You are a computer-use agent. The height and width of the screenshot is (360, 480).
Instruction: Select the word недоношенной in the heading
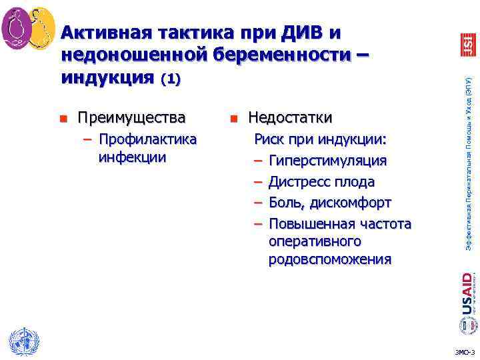(134, 55)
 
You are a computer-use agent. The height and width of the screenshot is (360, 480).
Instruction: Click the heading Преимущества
(131, 119)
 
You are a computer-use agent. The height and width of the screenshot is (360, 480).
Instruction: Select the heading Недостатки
(290, 119)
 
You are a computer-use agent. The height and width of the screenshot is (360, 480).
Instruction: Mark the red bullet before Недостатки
(233, 120)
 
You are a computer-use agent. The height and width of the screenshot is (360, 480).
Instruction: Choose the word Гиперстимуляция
(327, 161)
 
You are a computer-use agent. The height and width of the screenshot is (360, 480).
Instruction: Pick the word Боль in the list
(285, 202)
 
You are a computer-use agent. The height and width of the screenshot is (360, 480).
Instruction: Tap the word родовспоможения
(330, 259)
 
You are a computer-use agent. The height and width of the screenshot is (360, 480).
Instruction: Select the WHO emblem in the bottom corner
(24, 341)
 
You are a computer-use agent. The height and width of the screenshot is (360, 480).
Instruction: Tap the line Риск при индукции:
(321, 141)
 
